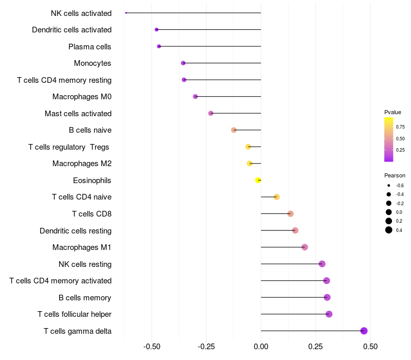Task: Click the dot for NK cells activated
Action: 126,13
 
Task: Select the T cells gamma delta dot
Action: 364,331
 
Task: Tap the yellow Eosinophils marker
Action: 258,181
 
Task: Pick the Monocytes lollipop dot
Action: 183,63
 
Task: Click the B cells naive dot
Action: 234,130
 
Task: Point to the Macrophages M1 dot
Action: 305,247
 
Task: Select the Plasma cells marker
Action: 159,46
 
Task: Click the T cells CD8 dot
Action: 290,213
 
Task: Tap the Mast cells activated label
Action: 78,114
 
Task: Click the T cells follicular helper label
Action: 74,314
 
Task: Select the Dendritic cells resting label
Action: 76,231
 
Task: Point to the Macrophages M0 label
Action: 82,97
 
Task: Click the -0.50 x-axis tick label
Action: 152,347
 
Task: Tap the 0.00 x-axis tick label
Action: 261,347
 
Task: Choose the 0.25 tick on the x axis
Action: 315,347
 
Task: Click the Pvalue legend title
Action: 393,112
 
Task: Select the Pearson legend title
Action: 395,175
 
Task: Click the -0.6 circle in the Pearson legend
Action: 389,186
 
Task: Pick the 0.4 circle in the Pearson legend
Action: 389,230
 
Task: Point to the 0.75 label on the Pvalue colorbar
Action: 400,127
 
